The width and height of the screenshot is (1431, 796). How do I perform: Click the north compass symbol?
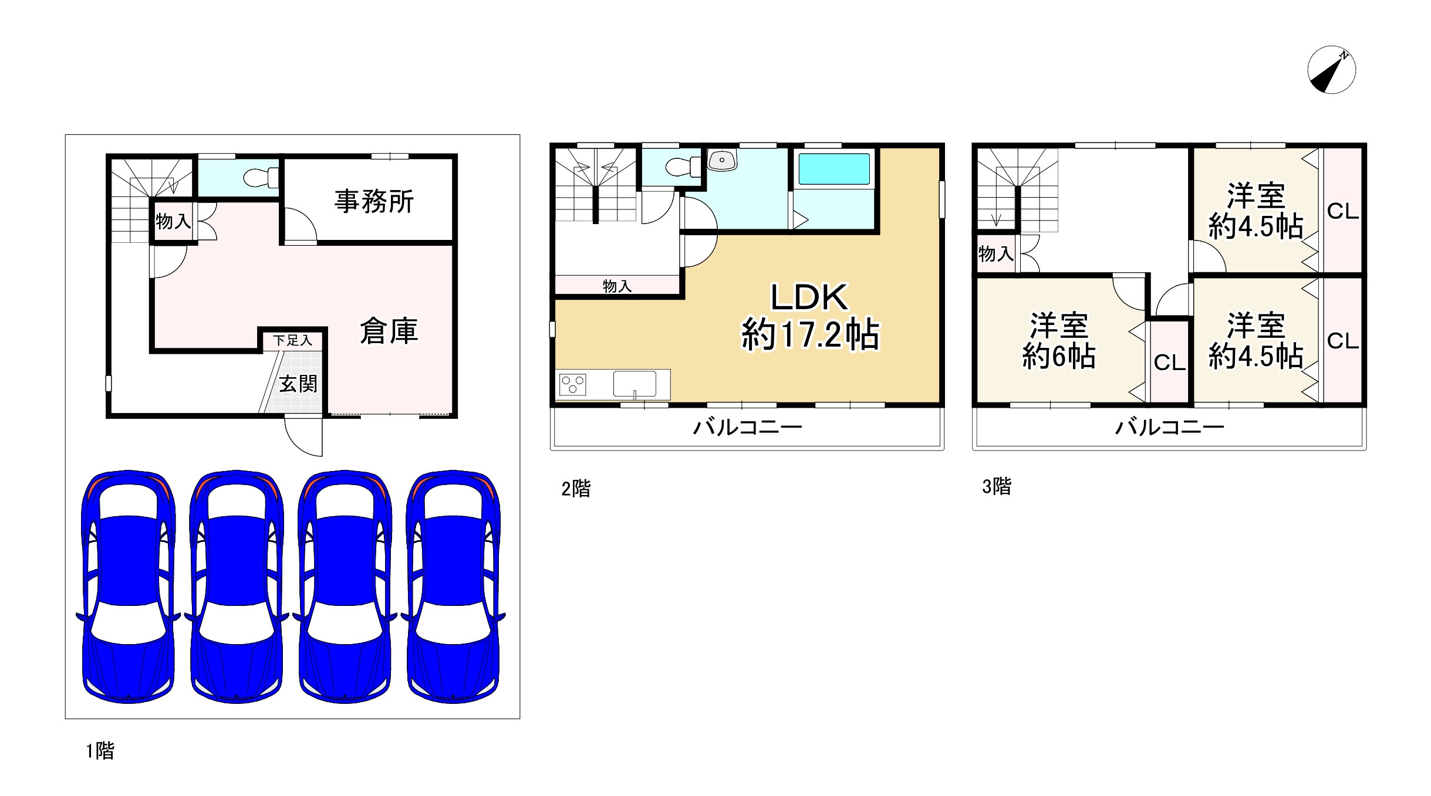tap(1331, 70)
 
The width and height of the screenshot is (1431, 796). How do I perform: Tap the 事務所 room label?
tap(374, 201)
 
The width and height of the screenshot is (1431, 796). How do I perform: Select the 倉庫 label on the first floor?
tap(389, 331)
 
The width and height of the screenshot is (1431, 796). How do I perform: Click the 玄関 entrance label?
tap(298, 384)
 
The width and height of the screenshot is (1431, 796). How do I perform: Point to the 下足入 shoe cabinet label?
tap(292, 340)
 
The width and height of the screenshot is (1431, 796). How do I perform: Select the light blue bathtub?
tap(833, 169)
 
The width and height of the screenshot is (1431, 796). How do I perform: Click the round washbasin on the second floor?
tap(722, 160)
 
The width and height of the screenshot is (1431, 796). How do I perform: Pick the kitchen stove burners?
tap(572, 385)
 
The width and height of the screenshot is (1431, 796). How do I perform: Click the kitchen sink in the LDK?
tap(635, 384)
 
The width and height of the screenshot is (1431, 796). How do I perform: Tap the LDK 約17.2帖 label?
tap(810, 316)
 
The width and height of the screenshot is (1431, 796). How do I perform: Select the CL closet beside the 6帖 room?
tap(1169, 363)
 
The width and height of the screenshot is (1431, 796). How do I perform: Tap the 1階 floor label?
tap(100, 750)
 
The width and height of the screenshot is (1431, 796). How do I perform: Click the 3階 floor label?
tap(997, 486)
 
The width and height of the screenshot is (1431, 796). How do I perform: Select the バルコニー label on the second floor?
tap(747, 427)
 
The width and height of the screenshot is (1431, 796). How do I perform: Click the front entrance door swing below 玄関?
tap(303, 435)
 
